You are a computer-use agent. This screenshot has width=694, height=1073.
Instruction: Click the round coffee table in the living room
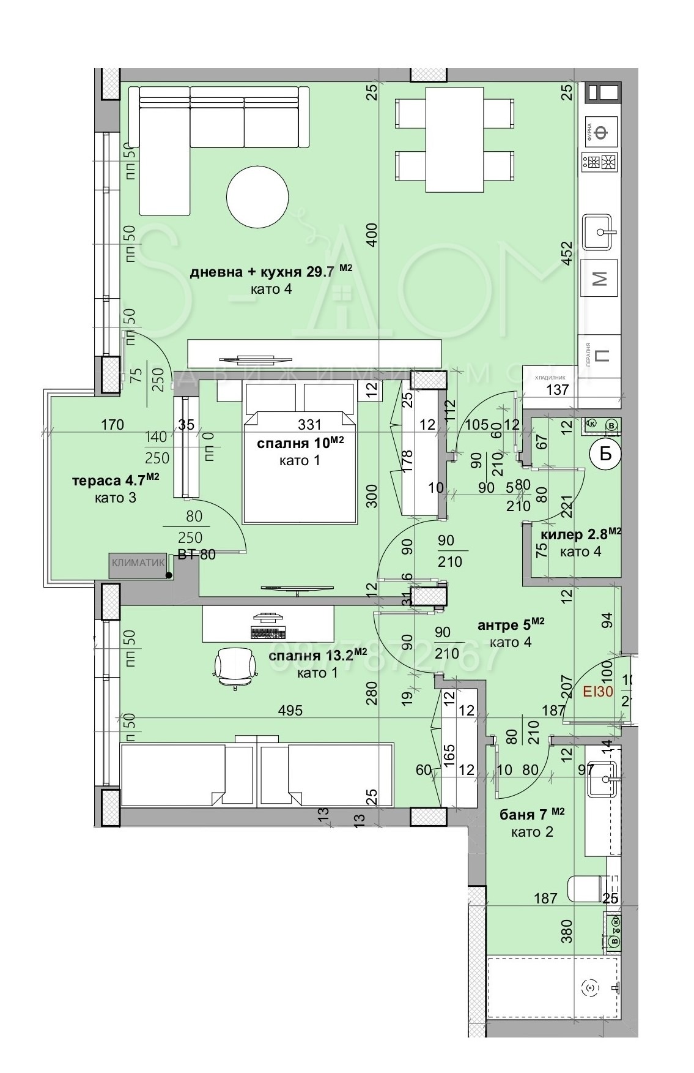pos(257,197)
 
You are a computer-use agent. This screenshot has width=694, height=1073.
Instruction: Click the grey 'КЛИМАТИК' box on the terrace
pos(139,565)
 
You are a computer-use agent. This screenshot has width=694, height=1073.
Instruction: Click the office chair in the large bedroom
pos(235,667)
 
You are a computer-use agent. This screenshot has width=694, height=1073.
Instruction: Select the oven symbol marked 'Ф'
pos(602,132)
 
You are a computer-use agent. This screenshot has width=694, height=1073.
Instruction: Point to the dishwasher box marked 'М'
pos(600,279)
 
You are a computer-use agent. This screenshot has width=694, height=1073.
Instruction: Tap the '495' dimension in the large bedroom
pos(290,711)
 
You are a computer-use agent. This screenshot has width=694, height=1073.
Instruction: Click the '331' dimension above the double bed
pos(309,424)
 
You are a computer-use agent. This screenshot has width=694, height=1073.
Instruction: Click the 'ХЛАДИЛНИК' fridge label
pos(550,378)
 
